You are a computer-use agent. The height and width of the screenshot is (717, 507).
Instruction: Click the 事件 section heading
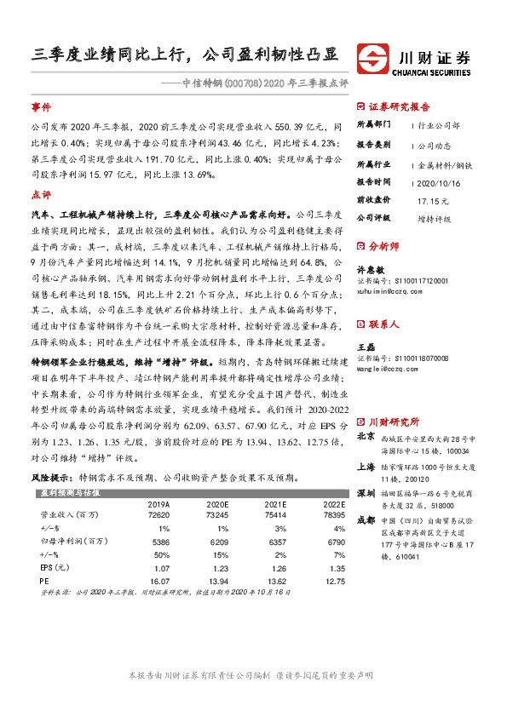(x=41, y=107)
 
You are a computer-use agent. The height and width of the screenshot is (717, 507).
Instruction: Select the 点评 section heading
(x=41, y=194)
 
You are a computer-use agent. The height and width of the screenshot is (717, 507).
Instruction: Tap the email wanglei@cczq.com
(x=390, y=370)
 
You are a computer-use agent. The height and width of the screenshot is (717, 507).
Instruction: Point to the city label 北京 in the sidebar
(x=365, y=437)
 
